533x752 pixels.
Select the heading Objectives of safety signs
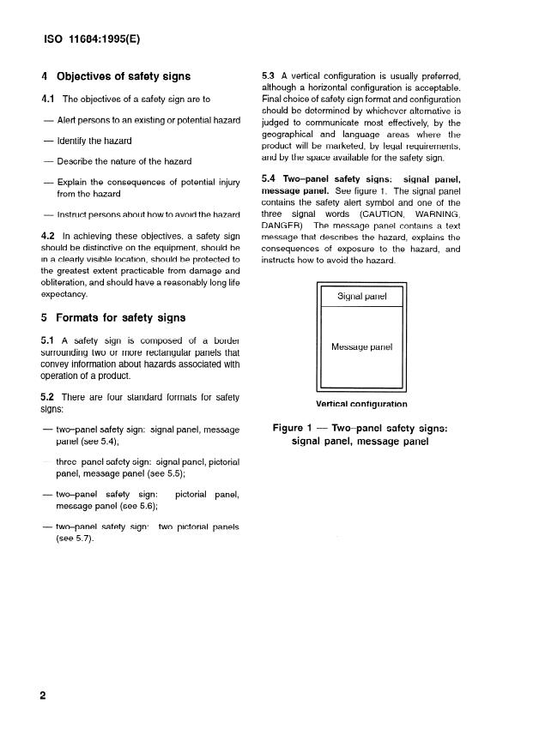point(124,77)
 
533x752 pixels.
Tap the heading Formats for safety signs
point(120,317)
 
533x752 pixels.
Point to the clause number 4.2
point(49,234)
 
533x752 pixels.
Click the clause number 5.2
point(49,397)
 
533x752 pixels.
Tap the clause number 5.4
point(269,178)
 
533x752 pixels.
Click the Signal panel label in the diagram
point(361,297)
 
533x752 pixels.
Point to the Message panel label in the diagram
point(361,347)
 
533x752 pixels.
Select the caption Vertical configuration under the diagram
point(361,404)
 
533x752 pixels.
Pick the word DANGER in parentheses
point(282,226)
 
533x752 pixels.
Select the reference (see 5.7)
point(74,538)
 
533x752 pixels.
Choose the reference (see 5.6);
point(124,506)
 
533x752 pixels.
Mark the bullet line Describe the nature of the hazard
point(124,161)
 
